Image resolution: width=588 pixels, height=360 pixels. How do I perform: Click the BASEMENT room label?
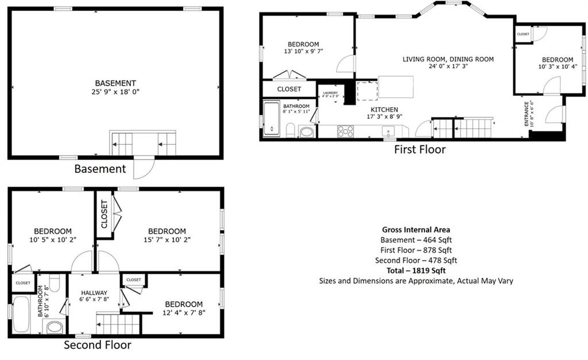[115, 83]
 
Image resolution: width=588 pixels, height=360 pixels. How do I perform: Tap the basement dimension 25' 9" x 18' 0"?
[115, 92]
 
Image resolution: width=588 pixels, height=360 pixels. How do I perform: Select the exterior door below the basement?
[144, 167]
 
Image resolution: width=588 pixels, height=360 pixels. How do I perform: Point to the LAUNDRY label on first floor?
[330, 92]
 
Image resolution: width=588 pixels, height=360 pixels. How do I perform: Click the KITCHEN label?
[384, 109]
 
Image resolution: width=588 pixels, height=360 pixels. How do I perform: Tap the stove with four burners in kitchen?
[346, 131]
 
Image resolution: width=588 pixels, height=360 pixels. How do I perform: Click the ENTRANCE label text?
[526, 114]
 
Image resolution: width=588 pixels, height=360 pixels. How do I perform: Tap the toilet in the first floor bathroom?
[291, 130]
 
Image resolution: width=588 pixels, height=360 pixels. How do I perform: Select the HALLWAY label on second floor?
[94, 293]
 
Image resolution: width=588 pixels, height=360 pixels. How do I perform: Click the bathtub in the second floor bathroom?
[22, 314]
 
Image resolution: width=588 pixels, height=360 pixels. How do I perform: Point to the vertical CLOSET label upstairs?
[105, 214]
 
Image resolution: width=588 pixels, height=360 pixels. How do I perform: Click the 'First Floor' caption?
[419, 150]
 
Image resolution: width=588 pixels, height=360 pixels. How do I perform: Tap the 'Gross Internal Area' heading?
[416, 230]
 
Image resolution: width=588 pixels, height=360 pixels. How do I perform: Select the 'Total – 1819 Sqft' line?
[416, 270]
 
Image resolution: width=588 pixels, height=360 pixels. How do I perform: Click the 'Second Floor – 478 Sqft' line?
[416, 260]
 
